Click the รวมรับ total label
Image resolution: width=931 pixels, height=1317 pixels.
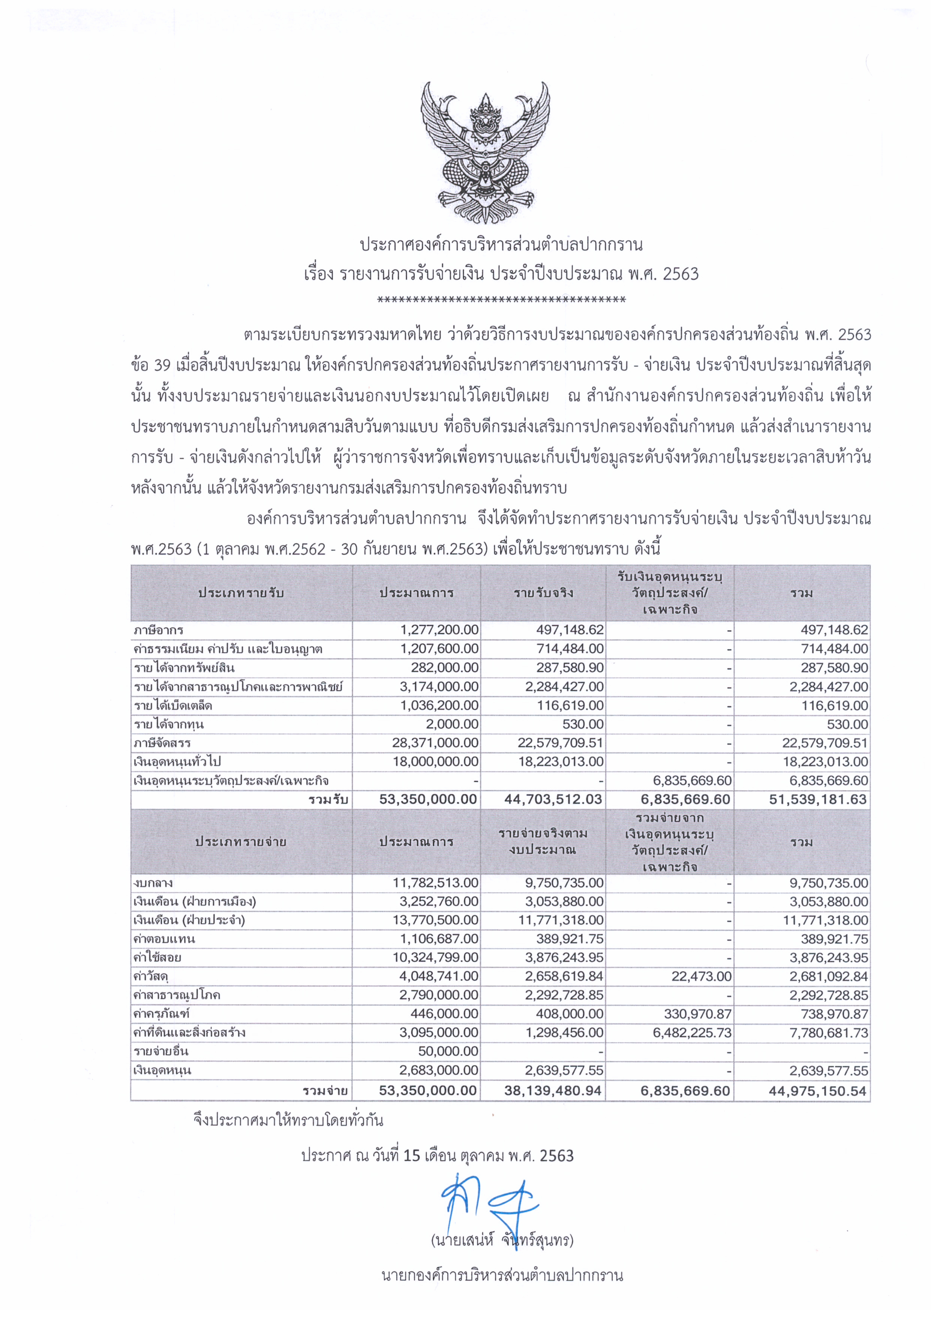click(x=328, y=800)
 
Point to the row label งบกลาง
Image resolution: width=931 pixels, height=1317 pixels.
click(x=153, y=883)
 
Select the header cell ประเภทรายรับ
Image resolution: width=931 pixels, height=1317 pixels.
click(x=241, y=593)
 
